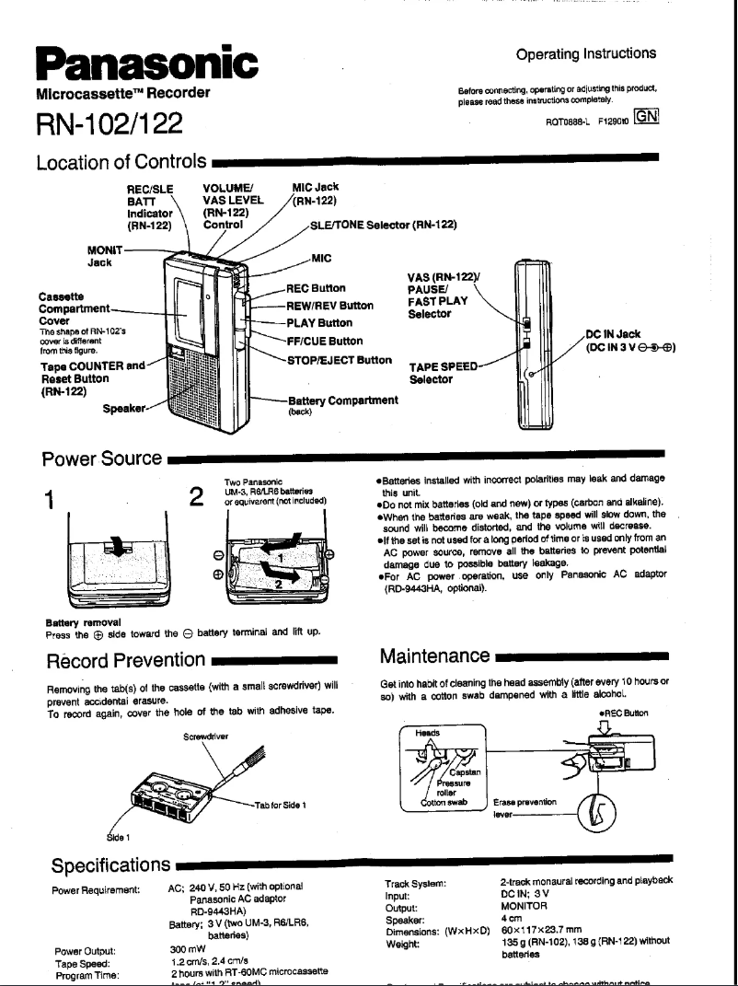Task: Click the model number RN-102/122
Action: tap(109, 122)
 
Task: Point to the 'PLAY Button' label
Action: tap(318, 323)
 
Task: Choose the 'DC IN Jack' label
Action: tap(616, 334)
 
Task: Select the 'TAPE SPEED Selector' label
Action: tap(444, 371)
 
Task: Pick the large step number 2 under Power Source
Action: tap(195, 498)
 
